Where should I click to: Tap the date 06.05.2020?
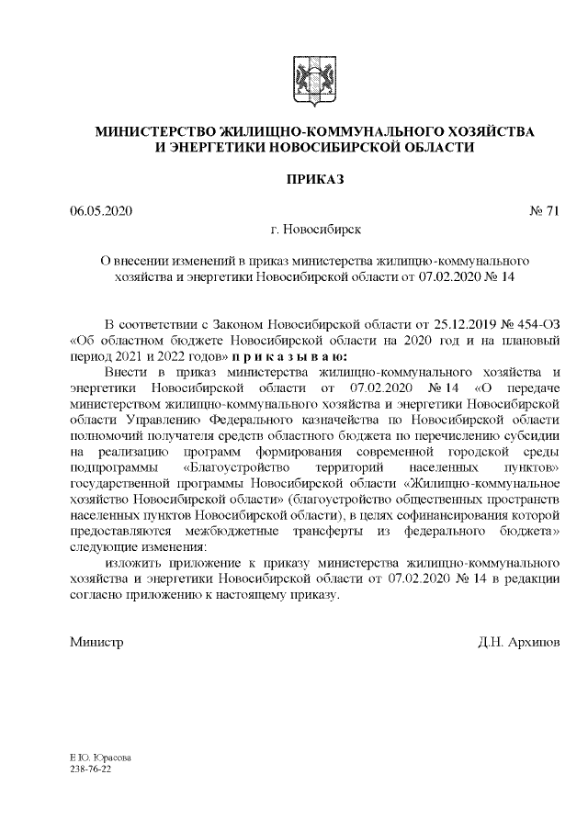(101, 212)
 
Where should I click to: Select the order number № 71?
(544, 212)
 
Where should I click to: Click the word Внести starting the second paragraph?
(125, 372)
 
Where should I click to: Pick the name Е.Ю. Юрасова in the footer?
(99, 758)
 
